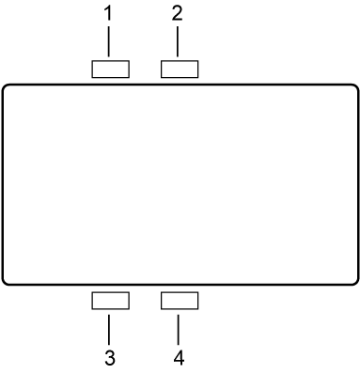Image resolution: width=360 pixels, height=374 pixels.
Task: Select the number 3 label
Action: (110, 357)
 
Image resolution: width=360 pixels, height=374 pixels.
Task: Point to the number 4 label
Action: (179, 357)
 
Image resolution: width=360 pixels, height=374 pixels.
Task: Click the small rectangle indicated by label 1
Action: (111, 69)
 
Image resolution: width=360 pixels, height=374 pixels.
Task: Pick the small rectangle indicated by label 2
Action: (180, 69)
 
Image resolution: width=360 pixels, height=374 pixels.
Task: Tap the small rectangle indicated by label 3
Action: (111, 301)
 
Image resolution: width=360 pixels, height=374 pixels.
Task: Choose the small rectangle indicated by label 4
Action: (180, 301)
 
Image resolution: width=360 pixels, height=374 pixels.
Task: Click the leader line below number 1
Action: (110, 43)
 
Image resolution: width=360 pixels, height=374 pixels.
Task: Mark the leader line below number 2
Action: (179, 43)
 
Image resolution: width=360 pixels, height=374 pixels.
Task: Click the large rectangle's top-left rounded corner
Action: (5, 87)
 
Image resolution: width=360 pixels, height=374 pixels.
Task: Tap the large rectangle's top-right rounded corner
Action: (355, 87)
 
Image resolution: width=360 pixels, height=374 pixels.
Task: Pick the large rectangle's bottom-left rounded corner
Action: (5, 281)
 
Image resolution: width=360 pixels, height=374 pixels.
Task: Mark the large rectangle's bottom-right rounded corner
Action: (355, 281)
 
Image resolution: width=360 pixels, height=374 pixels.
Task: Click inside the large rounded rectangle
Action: (180, 184)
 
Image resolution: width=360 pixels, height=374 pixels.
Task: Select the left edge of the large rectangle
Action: (2, 184)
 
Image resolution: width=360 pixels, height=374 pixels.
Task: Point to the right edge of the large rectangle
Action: (358, 184)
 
